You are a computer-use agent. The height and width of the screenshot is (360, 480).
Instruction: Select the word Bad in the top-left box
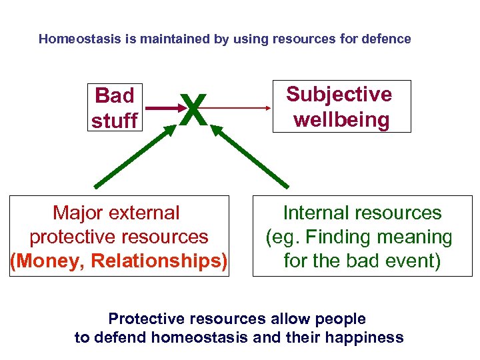click(115, 96)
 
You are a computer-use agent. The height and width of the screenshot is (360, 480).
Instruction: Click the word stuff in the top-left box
click(115, 121)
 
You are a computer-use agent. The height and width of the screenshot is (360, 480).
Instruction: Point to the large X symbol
click(193, 109)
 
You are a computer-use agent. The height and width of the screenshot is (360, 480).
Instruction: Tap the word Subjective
click(339, 94)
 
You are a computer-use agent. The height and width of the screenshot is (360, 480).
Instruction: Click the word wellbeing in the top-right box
click(341, 120)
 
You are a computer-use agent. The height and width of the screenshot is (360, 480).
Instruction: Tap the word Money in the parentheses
click(47, 261)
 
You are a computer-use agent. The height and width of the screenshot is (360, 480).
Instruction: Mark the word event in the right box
click(413, 261)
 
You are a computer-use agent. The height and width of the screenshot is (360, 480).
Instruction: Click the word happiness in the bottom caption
click(365, 337)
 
